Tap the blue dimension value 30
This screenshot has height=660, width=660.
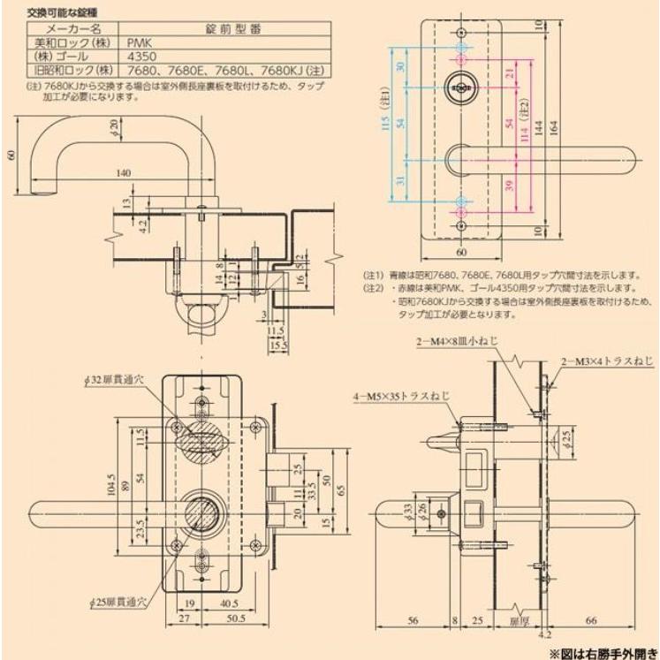[x=401, y=68]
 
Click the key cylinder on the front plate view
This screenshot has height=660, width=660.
[x=461, y=86]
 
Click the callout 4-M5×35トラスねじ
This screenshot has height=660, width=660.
[x=402, y=397]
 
